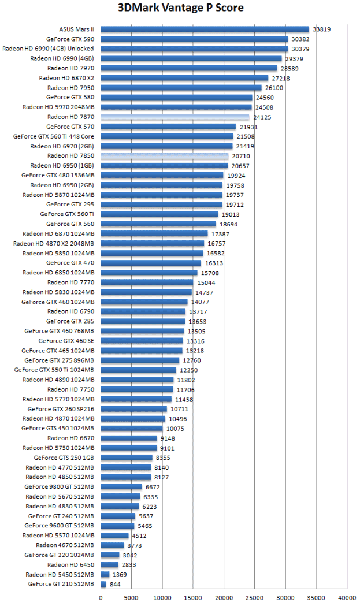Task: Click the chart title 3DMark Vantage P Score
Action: (180, 8)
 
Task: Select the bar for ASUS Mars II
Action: (205, 29)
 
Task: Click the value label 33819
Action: (321, 29)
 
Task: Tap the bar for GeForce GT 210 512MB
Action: (103, 585)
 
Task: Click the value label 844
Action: (116, 585)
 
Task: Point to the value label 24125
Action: (262, 117)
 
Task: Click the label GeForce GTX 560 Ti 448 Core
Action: (54, 136)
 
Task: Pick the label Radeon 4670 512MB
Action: (65, 545)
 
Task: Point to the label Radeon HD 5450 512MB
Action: (60, 574)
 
